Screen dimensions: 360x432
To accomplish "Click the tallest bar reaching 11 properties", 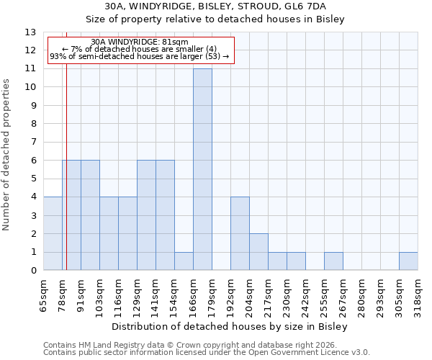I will pos(202,170).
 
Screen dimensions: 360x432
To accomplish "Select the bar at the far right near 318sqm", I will pos(408,261).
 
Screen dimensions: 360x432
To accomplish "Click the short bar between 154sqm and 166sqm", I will pos(184,261).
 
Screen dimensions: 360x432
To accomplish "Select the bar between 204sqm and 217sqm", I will pos(258,252).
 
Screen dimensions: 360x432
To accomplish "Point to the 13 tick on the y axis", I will pos(31,32).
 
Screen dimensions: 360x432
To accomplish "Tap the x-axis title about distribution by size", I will pos(230,327).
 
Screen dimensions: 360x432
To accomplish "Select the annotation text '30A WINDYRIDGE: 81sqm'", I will pos(140,42).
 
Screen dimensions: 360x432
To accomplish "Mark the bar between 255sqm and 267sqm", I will pos(333,261).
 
